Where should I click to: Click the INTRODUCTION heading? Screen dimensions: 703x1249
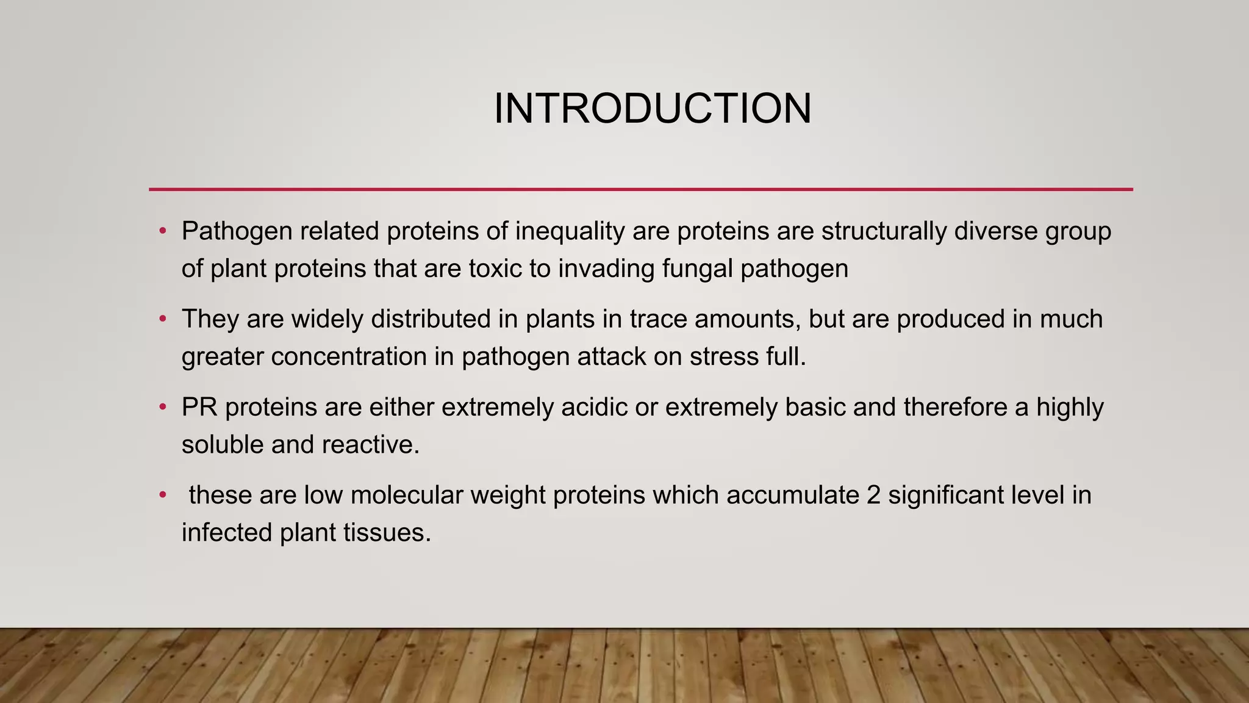pyautogui.click(x=652, y=109)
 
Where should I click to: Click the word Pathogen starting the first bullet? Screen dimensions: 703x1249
pyautogui.click(x=237, y=231)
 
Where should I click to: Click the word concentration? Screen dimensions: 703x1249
pyautogui.click(x=349, y=357)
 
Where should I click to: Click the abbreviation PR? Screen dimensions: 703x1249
pyautogui.click(x=199, y=407)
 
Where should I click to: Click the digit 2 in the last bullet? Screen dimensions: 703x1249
pyautogui.click(x=873, y=495)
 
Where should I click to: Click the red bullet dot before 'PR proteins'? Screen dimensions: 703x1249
pyautogui.click(x=162, y=407)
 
